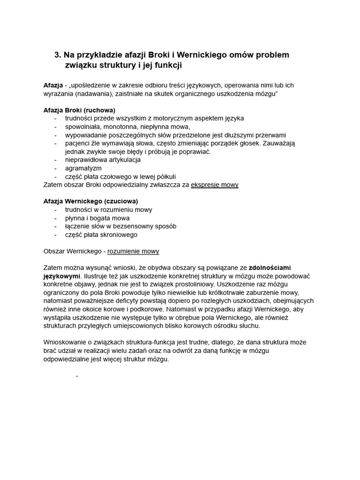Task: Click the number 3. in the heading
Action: pyautogui.click(x=58, y=55)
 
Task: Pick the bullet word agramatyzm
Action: pyautogui.click(x=83, y=168)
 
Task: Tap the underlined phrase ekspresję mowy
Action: pyautogui.click(x=215, y=185)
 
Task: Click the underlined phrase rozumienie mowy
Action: pyautogui.click(x=133, y=251)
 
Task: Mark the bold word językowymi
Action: pyautogui.click(x=62, y=276)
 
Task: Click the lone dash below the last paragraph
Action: pyautogui.click(x=77, y=376)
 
